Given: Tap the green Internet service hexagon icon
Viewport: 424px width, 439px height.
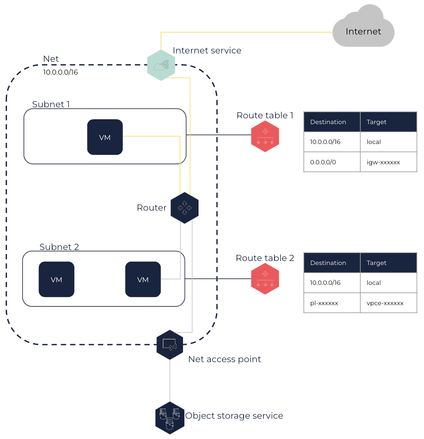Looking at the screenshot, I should click(161, 65).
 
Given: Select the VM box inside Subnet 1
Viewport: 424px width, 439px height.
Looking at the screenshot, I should click(105, 137).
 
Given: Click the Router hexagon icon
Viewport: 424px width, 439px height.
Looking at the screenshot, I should click(185, 208).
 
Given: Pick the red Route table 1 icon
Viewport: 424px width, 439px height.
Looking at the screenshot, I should click(265, 136).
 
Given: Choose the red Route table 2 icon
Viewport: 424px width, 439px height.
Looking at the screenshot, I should click(265, 279).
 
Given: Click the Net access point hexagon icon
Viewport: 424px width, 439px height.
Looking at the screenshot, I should click(170, 344).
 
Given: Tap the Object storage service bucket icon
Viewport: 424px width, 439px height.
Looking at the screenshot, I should click(170, 417).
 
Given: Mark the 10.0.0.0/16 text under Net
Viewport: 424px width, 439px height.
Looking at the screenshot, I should click(60, 72).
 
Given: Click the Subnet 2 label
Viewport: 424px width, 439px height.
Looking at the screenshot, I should click(59, 247).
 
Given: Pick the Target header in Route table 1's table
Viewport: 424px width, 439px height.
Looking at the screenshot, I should click(376, 122).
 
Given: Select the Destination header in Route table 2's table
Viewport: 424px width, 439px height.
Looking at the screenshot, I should click(328, 263).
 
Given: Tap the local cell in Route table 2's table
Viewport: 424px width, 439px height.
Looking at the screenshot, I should click(374, 283).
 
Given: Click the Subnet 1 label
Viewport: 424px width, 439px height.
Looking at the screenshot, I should click(51, 104).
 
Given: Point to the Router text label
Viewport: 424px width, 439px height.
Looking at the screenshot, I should click(152, 208).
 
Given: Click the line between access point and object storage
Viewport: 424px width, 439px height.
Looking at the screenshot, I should click(170, 380).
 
